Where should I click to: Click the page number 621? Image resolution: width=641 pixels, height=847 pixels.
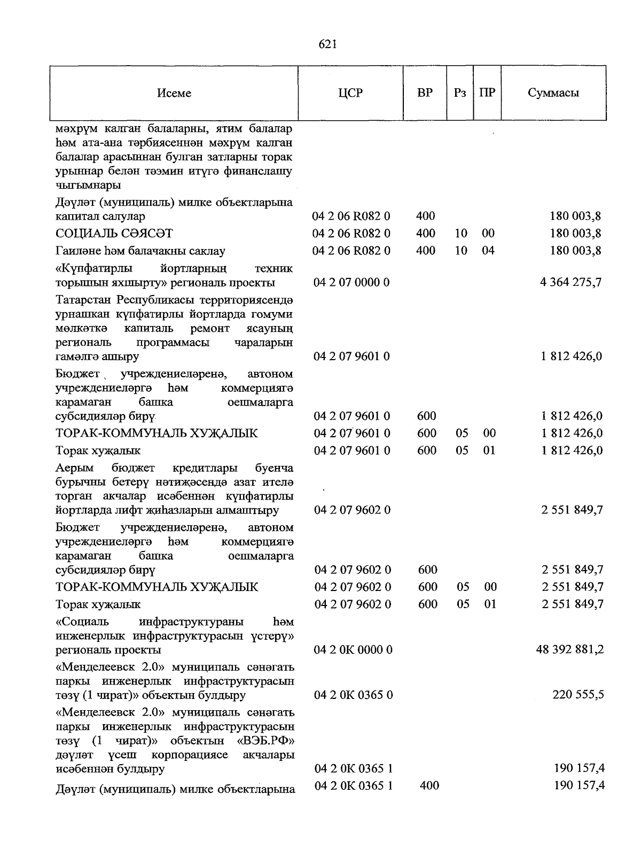(327, 45)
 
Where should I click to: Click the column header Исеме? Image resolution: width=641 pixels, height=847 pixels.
(174, 93)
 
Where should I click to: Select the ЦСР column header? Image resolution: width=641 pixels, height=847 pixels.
(350, 93)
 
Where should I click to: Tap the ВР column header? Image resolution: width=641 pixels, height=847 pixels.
(425, 93)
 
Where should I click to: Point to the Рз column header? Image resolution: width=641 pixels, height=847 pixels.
(460, 93)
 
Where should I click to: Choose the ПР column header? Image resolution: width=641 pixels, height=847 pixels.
(487, 93)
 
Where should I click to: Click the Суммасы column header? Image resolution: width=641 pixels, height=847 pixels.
(553, 93)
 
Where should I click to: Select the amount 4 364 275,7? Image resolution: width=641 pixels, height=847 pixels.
(571, 282)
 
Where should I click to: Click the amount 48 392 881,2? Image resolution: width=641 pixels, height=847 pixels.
(570, 650)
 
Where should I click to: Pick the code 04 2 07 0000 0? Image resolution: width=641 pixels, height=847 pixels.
(352, 282)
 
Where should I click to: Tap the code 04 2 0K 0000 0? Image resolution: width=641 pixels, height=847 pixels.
(354, 650)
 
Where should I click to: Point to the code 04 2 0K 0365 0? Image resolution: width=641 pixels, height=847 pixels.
(354, 695)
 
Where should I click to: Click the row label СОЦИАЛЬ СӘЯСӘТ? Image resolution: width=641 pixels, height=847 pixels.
(114, 234)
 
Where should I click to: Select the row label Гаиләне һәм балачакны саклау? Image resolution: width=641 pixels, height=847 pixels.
(140, 251)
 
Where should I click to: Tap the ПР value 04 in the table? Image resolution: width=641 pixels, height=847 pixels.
(488, 251)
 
